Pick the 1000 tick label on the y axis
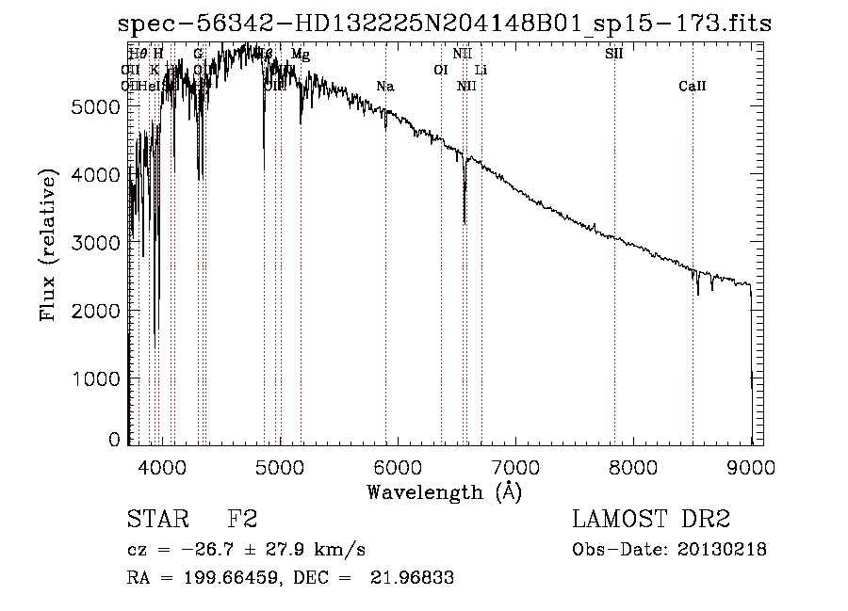tap(95, 378)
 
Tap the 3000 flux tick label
tap(95, 242)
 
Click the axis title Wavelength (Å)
tap(444, 491)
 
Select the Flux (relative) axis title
tap(47, 243)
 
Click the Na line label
tap(384, 87)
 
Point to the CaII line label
tap(692, 87)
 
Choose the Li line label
tap(481, 71)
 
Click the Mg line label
tap(300, 55)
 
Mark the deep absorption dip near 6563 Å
tap(465, 220)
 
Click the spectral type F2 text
tap(242, 521)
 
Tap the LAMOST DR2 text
tap(650, 521)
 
